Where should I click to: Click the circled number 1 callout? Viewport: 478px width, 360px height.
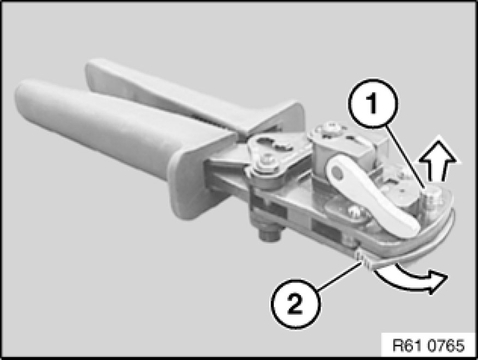[x=373, y=104]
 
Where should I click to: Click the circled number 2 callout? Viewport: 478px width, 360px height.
[x=296, y=303]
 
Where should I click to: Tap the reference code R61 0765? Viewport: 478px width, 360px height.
[x=428, y=346]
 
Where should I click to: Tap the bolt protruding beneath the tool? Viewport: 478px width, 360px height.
[x=269, y=233]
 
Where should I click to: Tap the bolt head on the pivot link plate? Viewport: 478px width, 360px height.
[x=267, y=160]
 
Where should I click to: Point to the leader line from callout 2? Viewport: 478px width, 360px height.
[x=340, y=276]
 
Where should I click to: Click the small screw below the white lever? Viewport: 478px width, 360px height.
[x=353, y=210]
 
